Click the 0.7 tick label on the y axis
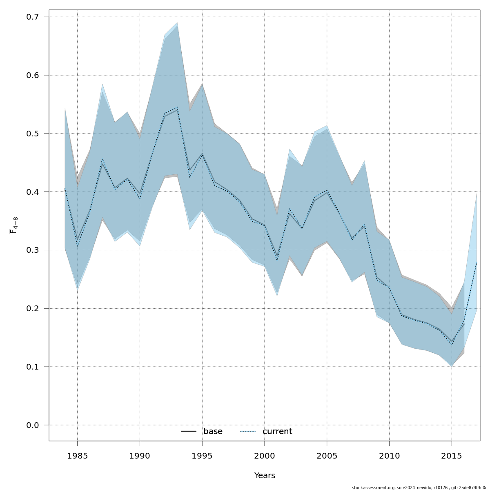pyautogui.click(x=32, y=17)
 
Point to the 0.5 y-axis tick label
pyautogui.click(x=32, y=134)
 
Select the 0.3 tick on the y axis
pyautogui.click(x=32, y=250)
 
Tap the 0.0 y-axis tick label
pyautogui.click(x=32, y=425)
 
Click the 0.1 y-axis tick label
pyautogui.click(x=32, y=367)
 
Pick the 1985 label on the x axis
pyautogui.click(x=77, y=455)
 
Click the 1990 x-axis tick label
pyautogui.click(x=140, y=455)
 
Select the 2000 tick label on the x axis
pyautogui.click(x=264, y=455)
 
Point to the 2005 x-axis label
pyautogui.click(x=327, y=455)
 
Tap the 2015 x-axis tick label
pyautogui.click(x=451, y=455)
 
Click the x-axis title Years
pyautogui.click(x=265, y=476)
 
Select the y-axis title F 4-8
pyautogui.click(x=13, y=225)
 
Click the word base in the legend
pyautogui.click(x=213, y=432)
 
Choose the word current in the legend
pyautogui.click(x=277, y=432)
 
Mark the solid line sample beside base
pyautogui.click(x=189, y=432)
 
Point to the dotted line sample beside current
pyautogui.click(x=248, y=432)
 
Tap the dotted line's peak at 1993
pyautogui.click(x=177, y=107)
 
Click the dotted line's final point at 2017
pyautogui.click(x=477, y=262)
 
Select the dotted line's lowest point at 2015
pyautogui.click(x=452, y=344)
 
